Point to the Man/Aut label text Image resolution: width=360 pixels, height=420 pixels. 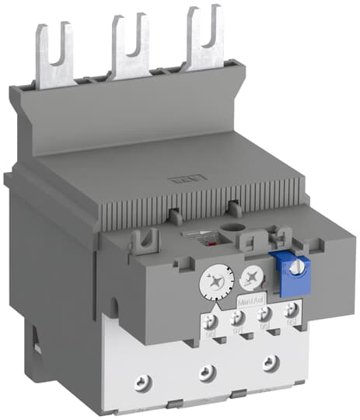pyautogui.click(x=250, y=297)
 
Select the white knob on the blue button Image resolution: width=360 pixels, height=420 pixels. pyautogui.click(x=297, y=267)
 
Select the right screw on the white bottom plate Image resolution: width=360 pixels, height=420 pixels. pyautogui.click(x=270, y=361)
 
